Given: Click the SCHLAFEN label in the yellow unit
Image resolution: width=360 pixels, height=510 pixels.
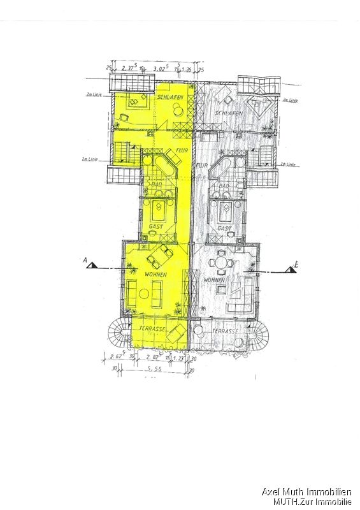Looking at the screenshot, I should click(171, 96).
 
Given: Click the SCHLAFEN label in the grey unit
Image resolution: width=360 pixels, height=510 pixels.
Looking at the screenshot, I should click(228, 113).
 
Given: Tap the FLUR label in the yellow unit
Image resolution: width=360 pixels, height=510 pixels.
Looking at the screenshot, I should click(182, 150).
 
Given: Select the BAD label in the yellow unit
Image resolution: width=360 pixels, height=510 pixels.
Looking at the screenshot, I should click(156, 185).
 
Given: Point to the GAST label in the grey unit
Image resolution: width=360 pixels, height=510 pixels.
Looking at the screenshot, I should click(224, 228).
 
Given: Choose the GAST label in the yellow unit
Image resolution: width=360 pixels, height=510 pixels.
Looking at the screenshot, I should click(156, 226).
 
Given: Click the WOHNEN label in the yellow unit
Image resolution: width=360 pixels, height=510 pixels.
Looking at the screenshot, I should click(155, 274).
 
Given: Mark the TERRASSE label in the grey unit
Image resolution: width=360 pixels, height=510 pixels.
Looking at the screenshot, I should click(225, 331).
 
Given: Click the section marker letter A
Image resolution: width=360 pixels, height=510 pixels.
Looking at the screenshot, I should click(85, 259).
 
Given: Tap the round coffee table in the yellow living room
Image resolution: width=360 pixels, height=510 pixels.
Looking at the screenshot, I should click(144, 294).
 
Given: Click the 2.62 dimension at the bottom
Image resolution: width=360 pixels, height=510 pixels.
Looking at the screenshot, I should click(117, 356).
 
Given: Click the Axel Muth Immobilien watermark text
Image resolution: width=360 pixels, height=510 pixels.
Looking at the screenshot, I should click(306, 492).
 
